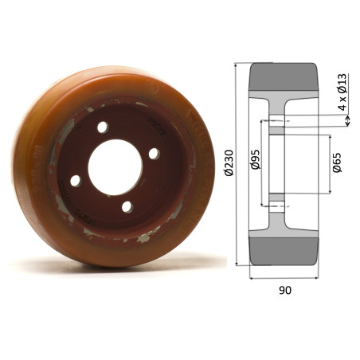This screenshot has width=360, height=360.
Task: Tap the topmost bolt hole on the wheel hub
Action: pyautogui.click(x=103, y=127)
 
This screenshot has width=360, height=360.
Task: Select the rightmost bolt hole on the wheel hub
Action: pyautogui.click(x=153, y=154)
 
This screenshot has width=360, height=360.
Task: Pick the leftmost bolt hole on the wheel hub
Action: pyautogui.click(x=75, y=181)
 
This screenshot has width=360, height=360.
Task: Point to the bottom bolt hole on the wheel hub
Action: pyautogui.click(x=126, y=206)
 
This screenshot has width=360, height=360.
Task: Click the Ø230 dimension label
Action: pyautogui.click(x=229, y=162)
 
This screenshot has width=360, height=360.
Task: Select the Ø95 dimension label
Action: pyautogui.click(x=254, y=162)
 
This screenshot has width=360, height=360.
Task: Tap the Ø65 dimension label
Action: pyautogui.click(x=337, y=162)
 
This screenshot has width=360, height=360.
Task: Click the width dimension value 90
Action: pyautogui.click(x=284, y=291)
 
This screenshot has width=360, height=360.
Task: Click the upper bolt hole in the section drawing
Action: pyautogui.click(x=276, y=121)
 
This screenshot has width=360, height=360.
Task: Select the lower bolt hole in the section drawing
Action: pyautogui.click(x=276, y=205)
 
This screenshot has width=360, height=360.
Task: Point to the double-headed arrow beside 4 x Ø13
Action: pyautogui.click(x=348, y=120)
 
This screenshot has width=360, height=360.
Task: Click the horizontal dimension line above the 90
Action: pyautogui.click(x=284, y=278)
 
